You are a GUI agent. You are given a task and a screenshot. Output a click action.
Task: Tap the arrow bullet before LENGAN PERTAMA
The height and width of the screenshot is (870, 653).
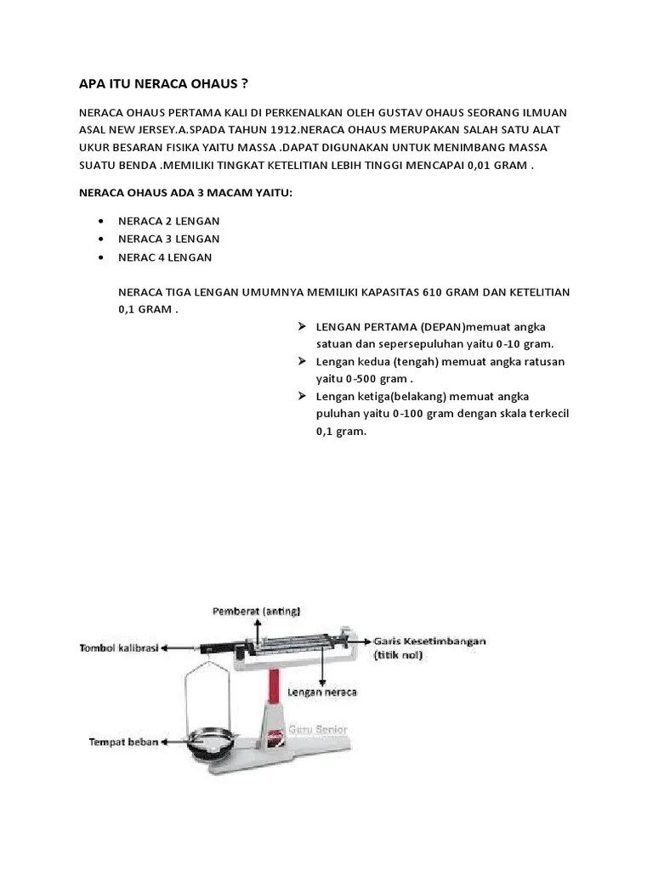point(303,327)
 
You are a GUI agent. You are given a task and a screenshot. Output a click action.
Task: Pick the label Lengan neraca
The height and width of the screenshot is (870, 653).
point(322,692)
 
